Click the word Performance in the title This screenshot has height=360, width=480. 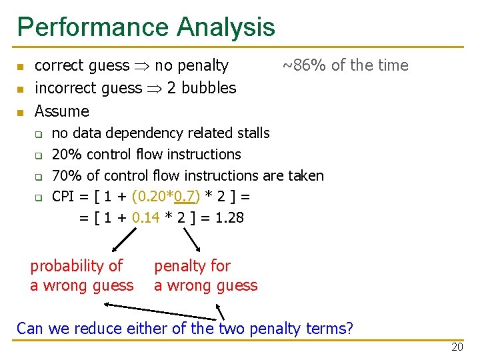93,27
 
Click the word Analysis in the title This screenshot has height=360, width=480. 225,27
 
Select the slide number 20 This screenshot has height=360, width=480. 457,347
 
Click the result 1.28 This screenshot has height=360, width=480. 228,217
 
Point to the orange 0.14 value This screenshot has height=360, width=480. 146,217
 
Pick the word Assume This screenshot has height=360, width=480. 61,111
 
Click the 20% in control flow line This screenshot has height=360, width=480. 66,155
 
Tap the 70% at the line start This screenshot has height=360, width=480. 66,176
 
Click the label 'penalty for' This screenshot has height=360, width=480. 192,266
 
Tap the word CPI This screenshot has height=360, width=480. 64,197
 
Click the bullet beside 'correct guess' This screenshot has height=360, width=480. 20,67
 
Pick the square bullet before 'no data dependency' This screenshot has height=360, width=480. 39,134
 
